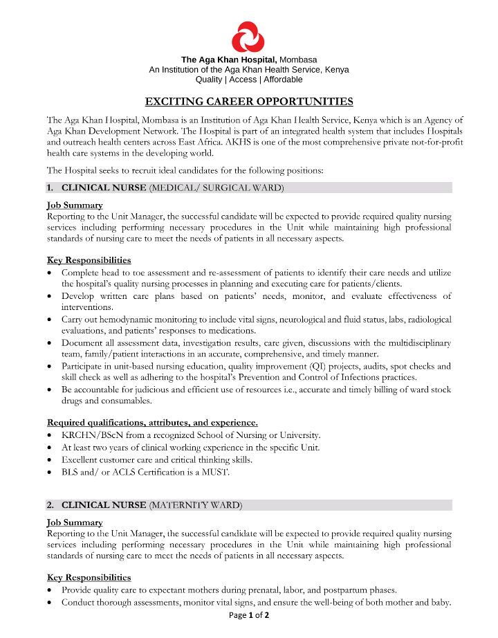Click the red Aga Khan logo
coord(249,37)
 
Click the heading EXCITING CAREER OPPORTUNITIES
coord(249,101)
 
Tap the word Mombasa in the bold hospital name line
coord(298,60)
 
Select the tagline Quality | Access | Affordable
coord(249,80)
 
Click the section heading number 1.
coord(50,188)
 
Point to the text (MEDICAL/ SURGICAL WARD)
coord(216,188)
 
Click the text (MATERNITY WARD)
coord(196,505)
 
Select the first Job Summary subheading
coord(75,205)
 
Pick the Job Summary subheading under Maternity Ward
coord(75,522)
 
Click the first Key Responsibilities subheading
coord(89,260)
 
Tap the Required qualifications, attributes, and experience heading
coord(152,422)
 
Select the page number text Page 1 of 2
coord(249,615)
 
